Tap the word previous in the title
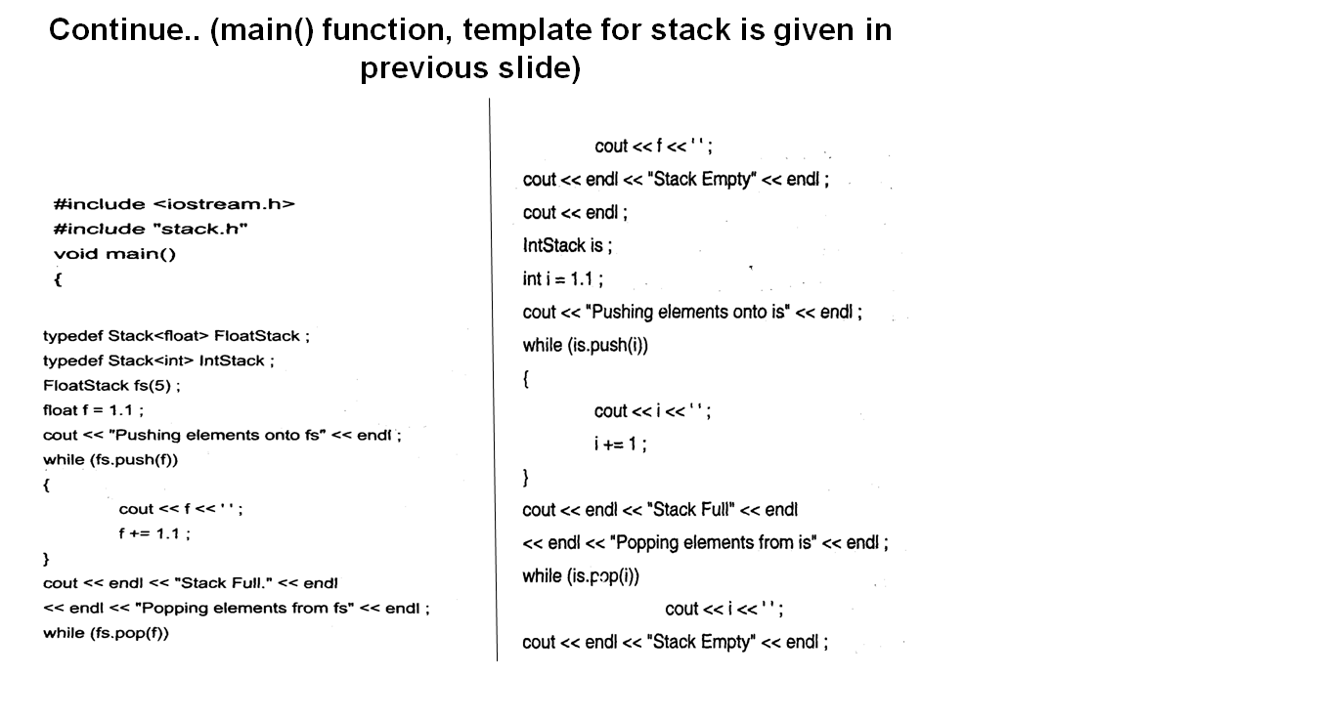[x=424, y=68]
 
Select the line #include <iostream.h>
[x=174, y=204]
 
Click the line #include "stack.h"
[x=151, y=229]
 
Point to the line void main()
[x=114, y=254]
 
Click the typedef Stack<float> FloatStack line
[x=176, y=336]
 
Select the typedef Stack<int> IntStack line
[x=158, y=360]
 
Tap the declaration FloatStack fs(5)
[x=111, y=385]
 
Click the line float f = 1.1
[x=93, y=410]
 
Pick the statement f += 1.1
[x=154, y=533]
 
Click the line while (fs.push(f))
[x=110, y=459]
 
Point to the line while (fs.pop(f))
[x=106, y=633]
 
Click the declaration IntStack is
[x=567, y=245]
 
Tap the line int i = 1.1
[x=562, y=278]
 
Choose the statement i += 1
[x=620, y=444]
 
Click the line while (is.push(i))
[x=586, y=345]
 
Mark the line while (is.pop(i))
[x=581, y=576]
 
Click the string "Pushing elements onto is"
[x=687, y=312]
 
